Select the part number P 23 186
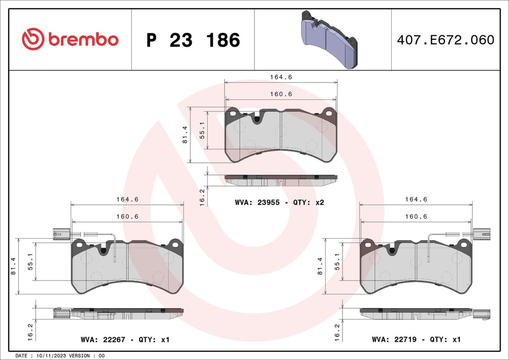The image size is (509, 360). (193, 40)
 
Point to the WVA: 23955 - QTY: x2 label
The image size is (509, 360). (279, 202)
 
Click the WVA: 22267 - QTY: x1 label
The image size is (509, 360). (125, 340)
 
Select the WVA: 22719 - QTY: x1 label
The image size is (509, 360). (416, 340)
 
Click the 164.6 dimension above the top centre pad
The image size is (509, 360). (281, 77)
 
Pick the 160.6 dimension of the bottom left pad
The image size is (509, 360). (127, 216)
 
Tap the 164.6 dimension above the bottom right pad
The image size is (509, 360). (416, 199)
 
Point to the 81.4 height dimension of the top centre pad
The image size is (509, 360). (184, 135)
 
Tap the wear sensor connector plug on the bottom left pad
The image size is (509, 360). (61, 232)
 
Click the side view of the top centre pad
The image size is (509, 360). (281, 180)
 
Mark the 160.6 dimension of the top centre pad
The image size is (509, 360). (281, 94)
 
